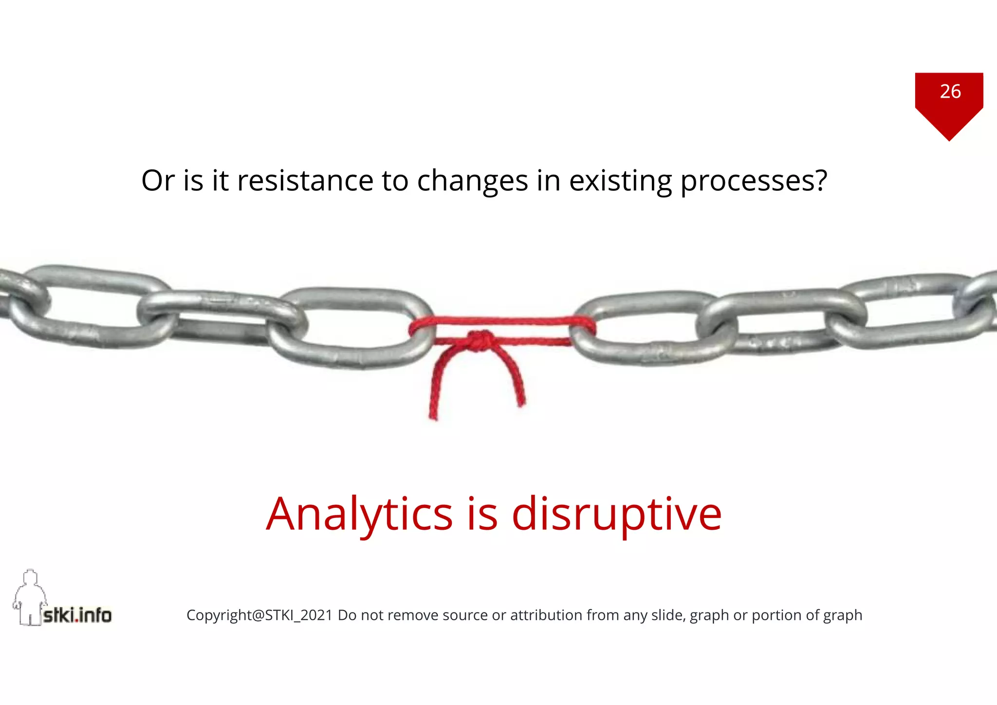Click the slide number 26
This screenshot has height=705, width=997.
pos(950,92)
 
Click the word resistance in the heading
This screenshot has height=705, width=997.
pos(305,181)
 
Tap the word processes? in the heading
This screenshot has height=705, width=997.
pos(753,181)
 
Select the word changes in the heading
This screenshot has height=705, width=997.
pos(472,181)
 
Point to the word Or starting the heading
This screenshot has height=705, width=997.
pos(158,181)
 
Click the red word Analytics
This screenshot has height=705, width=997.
pos(359,514)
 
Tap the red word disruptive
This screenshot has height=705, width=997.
pos(616,514)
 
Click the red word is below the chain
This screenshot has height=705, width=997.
pos(482,514)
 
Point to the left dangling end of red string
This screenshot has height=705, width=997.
pos(433,411)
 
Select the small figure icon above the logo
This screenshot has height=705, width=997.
pos(30,596)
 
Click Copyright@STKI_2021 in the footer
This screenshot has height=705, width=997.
pos(259,615)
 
